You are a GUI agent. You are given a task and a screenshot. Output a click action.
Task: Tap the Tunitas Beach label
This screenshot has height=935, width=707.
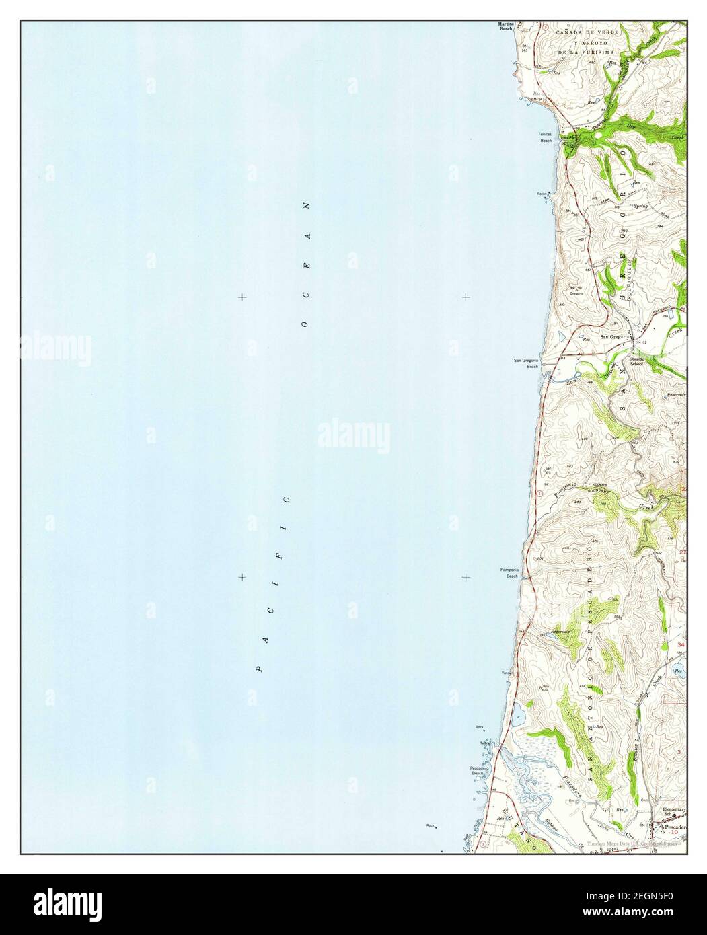click(x=544, y=137)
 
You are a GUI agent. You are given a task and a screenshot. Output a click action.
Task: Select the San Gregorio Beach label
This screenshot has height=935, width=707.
click(x=526, y=363)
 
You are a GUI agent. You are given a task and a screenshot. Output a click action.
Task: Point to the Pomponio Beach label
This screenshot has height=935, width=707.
click(x=509, y=574)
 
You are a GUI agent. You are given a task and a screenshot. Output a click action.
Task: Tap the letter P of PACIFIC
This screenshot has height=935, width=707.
click(x=259, y=669)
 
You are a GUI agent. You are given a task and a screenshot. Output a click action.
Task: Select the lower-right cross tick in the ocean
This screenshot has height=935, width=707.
click(x=466, y=577)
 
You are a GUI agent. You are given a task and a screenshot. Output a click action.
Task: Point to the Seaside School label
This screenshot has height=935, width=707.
click(x=636, y=362)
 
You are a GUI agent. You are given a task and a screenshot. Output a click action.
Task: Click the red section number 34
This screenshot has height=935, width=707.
click(x=681, y=645)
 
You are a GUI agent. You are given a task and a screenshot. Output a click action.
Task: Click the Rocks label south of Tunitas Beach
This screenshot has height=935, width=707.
click(x=542, y=194)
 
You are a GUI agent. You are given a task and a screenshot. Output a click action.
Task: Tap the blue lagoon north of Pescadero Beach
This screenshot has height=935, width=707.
click(x=516, y=718)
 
